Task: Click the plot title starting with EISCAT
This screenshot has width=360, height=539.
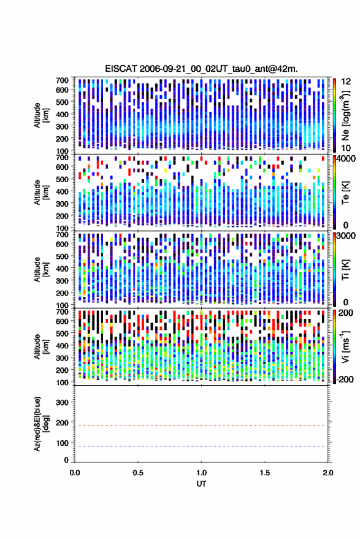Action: pyautogui.click(x=201, y=69)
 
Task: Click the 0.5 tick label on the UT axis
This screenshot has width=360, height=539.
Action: pyautogui.click(x=138, y=473)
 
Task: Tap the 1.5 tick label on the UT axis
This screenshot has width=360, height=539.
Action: pyautogui.click(x=265, y=473)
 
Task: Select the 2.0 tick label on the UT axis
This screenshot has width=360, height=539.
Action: pyautogui.click(x=328, y=473)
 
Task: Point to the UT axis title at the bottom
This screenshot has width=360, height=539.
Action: pyautogui.click(x=201, y=484)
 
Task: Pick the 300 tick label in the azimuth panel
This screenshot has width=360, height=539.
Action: pyautogui.click(x=62, y=402)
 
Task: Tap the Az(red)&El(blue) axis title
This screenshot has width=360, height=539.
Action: pyautogui.click(x=40, y=424)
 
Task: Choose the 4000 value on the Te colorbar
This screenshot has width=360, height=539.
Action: pyautogui.click(x=347, y=159)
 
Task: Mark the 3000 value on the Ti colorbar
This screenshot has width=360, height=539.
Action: pyautogui.click(x=347, y=236)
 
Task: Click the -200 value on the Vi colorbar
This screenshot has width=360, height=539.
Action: pyautogui.click(x=344, y=380)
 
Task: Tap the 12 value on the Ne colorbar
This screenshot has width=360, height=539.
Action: pyautogui.click(x=347, y=82)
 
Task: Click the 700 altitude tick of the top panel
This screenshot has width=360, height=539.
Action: pyautogui.click(x=62, y=80)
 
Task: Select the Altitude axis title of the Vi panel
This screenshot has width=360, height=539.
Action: pyautogui.click(x=41, y=346)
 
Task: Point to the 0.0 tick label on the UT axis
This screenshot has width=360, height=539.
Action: pyautogui.click(x=75, y=473)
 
